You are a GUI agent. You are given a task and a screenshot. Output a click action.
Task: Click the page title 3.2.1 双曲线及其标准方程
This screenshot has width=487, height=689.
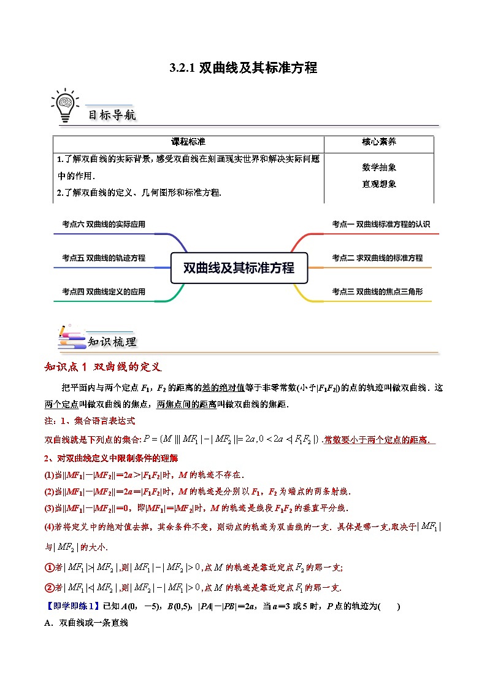pos(243,68)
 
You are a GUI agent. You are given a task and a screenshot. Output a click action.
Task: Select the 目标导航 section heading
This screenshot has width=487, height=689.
pos(112,115)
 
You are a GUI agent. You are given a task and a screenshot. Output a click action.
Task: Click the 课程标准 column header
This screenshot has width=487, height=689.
pos(188,142)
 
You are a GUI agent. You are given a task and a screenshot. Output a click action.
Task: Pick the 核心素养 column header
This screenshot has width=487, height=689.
pos(378,142)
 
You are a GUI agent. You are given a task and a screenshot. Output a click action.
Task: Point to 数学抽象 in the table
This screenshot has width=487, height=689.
pos(378,167)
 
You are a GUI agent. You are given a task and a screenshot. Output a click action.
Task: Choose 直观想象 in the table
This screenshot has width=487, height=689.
pos(378,183)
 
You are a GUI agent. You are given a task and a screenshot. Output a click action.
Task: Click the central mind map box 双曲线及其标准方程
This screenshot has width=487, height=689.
pos(239,268)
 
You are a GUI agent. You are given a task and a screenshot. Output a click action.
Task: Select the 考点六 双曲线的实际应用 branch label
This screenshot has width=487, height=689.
pos(104,225)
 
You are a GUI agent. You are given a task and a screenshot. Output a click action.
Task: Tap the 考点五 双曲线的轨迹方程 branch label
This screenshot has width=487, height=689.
pos(104,258)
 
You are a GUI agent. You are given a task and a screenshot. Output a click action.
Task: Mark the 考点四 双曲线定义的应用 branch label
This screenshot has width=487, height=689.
pos(104,292)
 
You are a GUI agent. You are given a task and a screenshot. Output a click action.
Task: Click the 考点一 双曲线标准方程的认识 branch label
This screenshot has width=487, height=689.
pos(381,225)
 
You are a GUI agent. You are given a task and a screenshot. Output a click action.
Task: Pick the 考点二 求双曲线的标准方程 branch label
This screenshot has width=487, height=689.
pos(377,258)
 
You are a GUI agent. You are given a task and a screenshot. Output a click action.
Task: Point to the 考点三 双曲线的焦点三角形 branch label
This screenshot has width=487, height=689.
pos(377,292)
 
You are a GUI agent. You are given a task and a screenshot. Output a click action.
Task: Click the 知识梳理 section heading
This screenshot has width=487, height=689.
pos(112,342)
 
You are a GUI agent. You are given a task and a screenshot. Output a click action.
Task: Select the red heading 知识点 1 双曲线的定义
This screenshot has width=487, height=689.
pos(103,368)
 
